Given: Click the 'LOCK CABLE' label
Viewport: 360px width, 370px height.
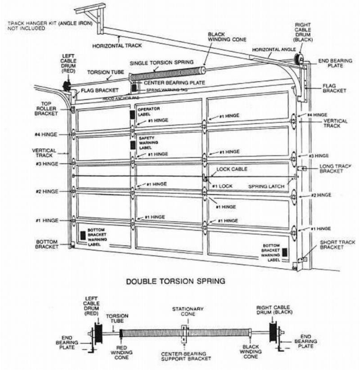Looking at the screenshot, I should point(232,169).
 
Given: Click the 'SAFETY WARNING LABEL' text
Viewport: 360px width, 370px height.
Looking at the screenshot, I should point(148,144).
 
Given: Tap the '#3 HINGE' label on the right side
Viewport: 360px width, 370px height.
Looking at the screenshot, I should point(318,155).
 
